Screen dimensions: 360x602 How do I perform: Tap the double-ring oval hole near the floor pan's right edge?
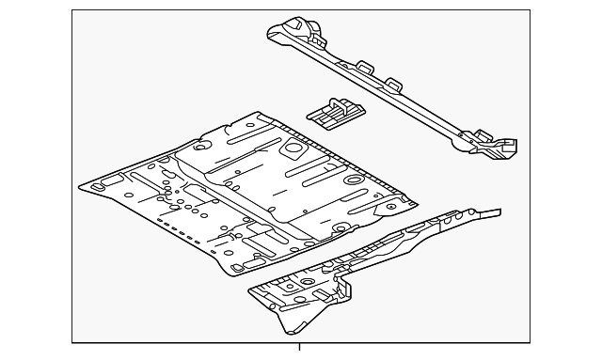click(355, 179)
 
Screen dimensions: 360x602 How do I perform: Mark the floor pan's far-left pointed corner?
click(82, 186)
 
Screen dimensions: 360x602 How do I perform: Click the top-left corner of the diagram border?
click(73, 11)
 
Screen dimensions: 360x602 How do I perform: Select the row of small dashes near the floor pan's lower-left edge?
click(175, 226)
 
